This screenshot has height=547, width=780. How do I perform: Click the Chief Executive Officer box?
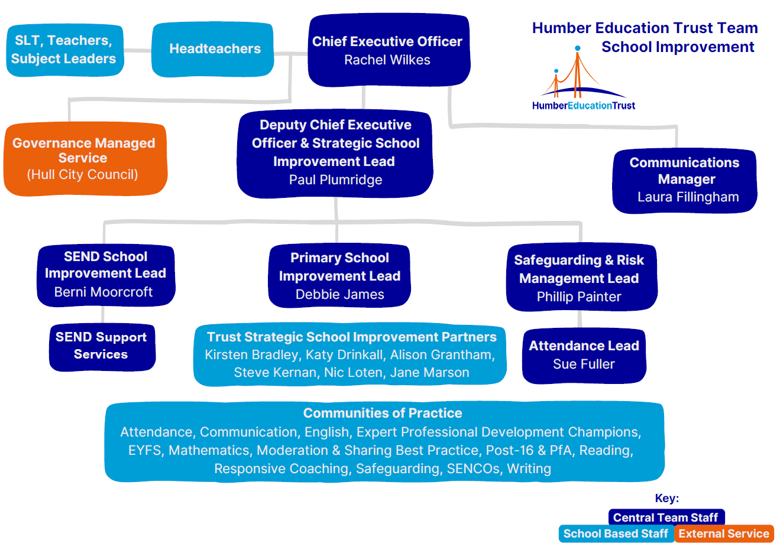click(389, 50)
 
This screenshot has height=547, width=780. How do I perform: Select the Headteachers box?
click(213, 50)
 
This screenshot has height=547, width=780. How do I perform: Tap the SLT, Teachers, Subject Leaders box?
click(64, 50)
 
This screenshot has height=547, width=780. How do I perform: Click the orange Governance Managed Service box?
click(85, 158)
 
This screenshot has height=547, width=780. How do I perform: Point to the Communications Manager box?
click(685, 180)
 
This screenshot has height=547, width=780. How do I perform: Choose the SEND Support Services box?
click(102, 347)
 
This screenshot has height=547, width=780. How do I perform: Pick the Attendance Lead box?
click(584, 356)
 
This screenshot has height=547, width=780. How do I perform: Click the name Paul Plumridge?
click(335, 180)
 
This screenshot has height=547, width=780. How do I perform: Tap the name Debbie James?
click(339, 295)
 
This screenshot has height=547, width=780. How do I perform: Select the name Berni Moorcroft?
click(103, 292)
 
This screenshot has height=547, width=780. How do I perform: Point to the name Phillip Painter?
click(579, 297)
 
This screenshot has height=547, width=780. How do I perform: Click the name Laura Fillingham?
click(688, 197)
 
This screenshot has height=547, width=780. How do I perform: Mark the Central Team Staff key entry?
click(666, 517)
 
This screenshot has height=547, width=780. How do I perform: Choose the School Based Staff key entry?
click(616, 534)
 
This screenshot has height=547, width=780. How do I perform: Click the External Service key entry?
click(724, 534)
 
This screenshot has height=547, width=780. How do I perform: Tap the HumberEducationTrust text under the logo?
click(584, 106)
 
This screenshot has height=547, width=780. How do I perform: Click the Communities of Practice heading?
click(383, 413)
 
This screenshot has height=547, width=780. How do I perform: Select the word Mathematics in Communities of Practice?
click(209, 451)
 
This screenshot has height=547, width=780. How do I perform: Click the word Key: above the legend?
click(667, 499)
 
